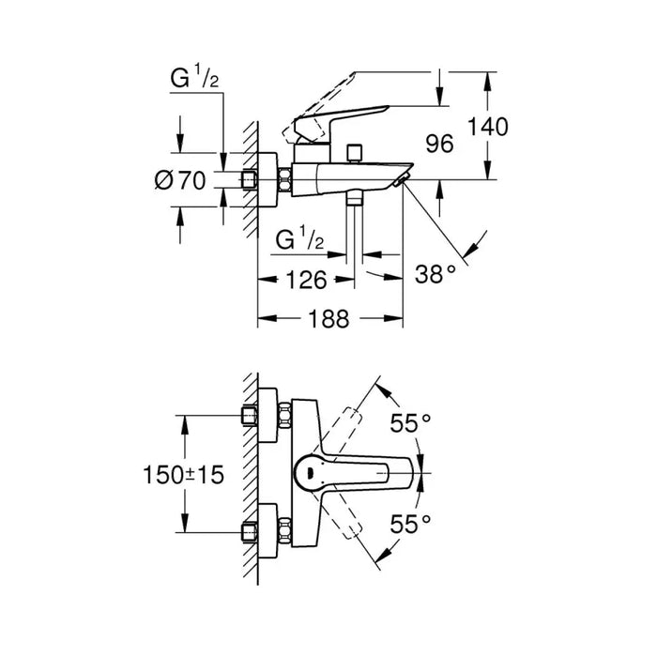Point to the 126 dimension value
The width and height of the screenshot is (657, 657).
click(x=305, y=279)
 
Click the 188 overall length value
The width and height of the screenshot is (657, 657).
click(x=328, y=319)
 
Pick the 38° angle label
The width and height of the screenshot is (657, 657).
click(x=435, y=273)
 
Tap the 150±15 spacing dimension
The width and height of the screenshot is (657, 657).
click(x=187, y=476)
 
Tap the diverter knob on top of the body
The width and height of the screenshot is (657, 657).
click(x=354, y=152)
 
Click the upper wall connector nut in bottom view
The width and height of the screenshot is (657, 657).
click(x=252, y=417)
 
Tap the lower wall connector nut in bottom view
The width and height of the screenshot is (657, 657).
click(x=252, y=530)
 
